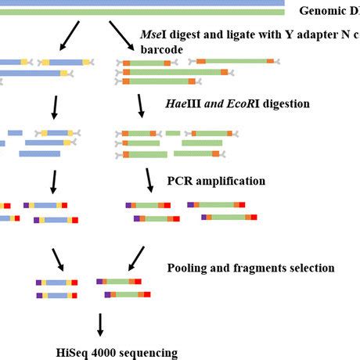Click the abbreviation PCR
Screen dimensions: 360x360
pyautogui.click(x=180, y=181)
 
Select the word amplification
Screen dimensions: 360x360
pyautogui.click(x=229, y=181)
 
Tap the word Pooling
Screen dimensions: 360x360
pyautogui.click(x=189, y=268)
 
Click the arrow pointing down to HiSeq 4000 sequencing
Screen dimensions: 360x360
pyautogui.click(x=99, y=325)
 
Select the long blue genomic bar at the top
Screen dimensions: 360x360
pyautogui.click(x=141, y=3)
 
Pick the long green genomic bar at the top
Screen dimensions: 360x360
pyautogui.click(x=141, y=12)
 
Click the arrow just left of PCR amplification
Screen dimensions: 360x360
pyautogui.click(x=149, y=181)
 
